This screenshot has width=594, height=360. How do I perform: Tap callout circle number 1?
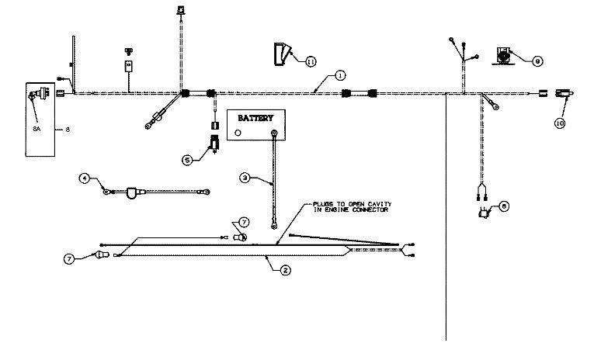pyautogui.click(x=339, y=75)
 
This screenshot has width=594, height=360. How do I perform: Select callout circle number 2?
pyautogui.click(x=285, y=269)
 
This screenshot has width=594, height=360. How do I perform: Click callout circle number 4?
pyautogui.click(x=85, y=178)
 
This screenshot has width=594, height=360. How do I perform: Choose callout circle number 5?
pyautogui.click(x=186, y=160)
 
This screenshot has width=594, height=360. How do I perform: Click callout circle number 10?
pyautogui.click(x=559, y=122)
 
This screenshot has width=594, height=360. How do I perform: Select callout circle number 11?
pyautogui.click(x=311, y=60)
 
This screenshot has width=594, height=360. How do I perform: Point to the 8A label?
pyautogui.click(x=36, y=129)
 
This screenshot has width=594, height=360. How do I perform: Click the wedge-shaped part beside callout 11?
pyautogui.click(x=280, y=54)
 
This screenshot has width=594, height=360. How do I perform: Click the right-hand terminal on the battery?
pyautogui.click(x=274, y=133)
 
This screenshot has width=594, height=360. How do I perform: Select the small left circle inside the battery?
pyautogui.click(x=238, y=133)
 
